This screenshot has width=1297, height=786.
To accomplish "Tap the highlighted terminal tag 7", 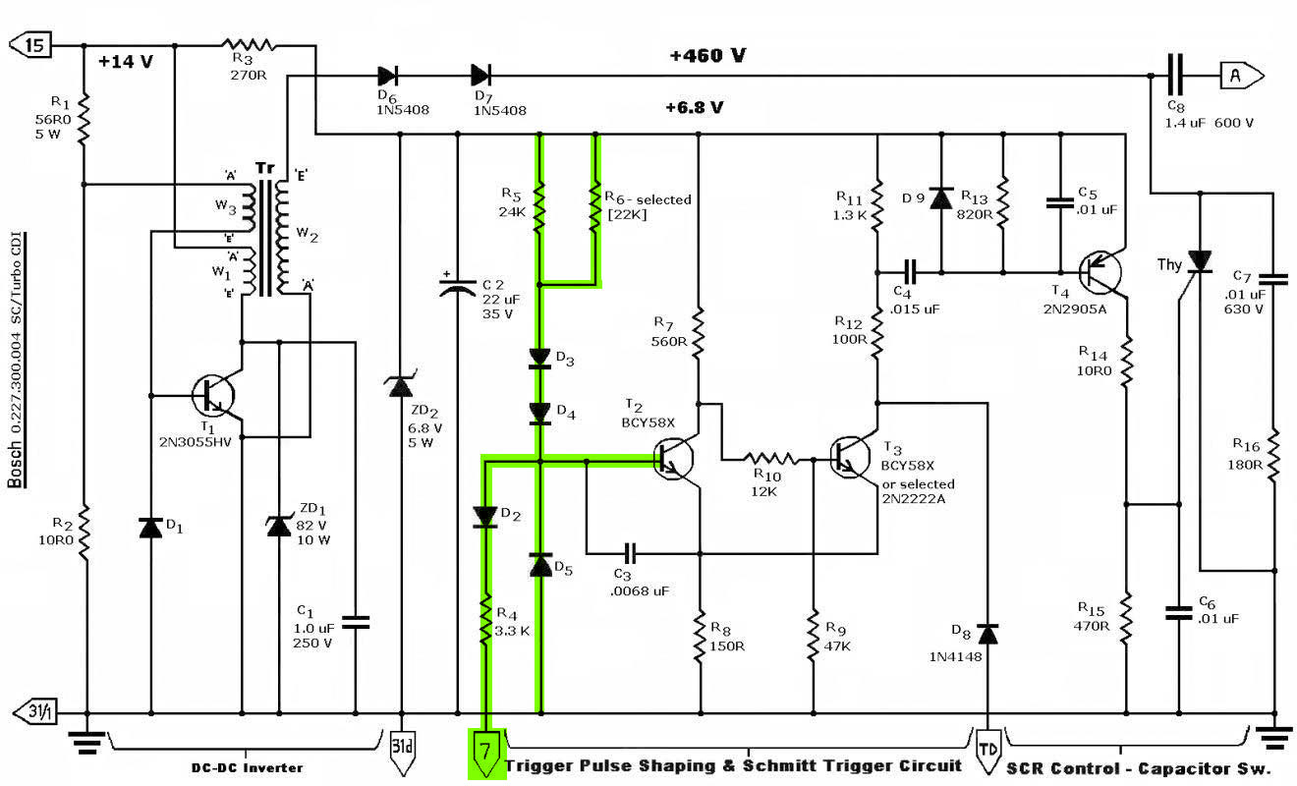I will (x=483, y=752).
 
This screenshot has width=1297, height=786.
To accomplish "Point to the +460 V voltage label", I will (x=707, y=56).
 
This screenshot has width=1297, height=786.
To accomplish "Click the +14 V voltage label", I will (x=126, y=62).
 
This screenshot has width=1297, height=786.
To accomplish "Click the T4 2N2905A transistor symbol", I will (x=1099, y=272).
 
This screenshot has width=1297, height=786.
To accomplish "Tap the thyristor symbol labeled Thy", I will (x=1199, y=261).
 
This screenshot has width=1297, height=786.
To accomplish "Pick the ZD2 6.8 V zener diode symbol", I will (x=400, y=386).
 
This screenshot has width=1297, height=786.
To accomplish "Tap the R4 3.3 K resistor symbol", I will (x=484, y=620).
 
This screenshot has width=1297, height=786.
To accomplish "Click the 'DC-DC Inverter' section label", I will (x=246, y=767).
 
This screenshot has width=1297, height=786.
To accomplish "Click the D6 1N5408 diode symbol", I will (x=387, y=75).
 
